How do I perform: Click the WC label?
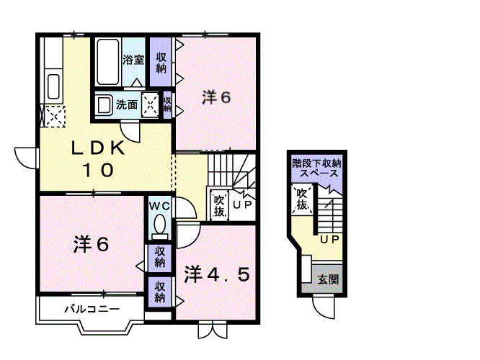coord(159,206)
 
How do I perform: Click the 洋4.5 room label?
coord(217,274)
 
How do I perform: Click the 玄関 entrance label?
coord(328,279)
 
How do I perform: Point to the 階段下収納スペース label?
coord(316,168)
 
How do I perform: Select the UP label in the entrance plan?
coord(329,239)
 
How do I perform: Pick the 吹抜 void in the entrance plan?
coord(302,200)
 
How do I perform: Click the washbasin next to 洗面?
coord(105,105)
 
